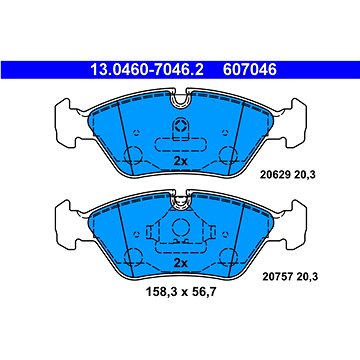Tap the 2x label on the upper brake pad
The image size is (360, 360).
tap(180, 159)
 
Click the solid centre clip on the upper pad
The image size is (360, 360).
tap(180, 130)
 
